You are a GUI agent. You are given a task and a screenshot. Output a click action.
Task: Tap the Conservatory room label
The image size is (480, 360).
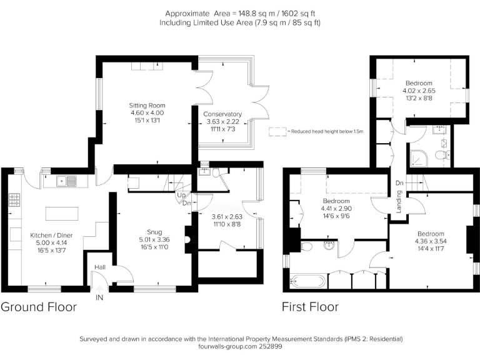click(222, 114)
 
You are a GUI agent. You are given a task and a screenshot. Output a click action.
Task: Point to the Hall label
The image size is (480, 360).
click(99, 267)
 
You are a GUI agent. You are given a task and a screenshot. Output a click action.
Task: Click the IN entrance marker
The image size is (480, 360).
click(99, 298)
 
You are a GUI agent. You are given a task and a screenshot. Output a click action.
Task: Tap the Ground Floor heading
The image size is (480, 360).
click(39, 307)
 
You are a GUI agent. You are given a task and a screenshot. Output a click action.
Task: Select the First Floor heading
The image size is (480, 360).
click(310, 307)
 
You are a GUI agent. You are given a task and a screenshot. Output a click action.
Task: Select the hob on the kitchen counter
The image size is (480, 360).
click(14, 201)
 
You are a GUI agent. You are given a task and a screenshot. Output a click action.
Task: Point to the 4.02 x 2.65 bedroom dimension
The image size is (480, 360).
click(419, 91)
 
